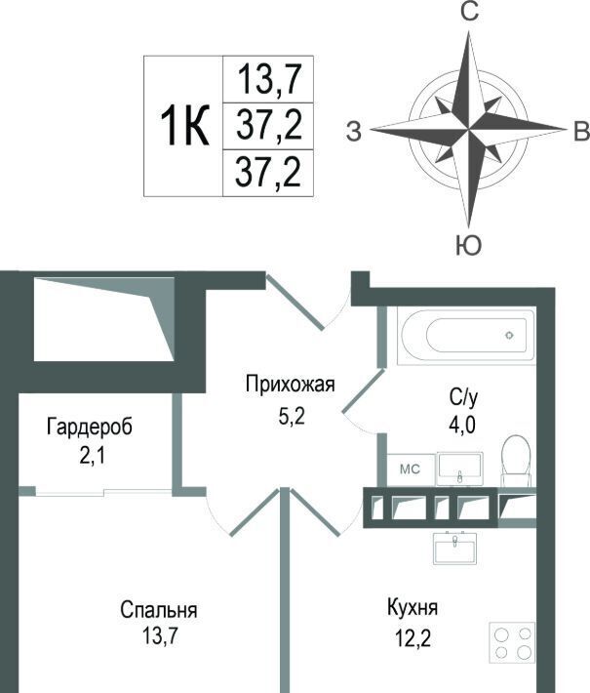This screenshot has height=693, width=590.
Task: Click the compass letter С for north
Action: pos(469,12)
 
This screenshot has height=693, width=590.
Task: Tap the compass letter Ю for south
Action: pos(468,245)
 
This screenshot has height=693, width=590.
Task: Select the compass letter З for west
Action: pos(353,131)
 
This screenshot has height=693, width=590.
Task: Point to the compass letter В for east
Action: pos(581,131)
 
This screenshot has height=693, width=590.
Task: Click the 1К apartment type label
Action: pos(184,126)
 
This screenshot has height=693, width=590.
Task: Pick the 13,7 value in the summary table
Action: pos(269,79)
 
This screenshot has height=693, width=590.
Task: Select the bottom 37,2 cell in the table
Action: pos(268,173)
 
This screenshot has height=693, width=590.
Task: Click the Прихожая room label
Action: pos(291,384)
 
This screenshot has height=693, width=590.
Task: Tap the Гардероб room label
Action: pos(89,427)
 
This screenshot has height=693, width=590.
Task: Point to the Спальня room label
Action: pos(159,610)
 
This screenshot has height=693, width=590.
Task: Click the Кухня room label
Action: pos(413,607)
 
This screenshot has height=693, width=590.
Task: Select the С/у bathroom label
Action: pos(463,398)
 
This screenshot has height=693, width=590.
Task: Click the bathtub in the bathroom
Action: pos(466,337)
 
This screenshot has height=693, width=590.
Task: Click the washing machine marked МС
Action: pos(411,469)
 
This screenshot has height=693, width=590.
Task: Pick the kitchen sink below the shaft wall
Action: pos(455,548)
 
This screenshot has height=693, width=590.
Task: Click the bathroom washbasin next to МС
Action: pos(459,469)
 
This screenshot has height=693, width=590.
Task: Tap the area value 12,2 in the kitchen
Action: pos(413,637)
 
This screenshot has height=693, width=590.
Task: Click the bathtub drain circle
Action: pos(509,335)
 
